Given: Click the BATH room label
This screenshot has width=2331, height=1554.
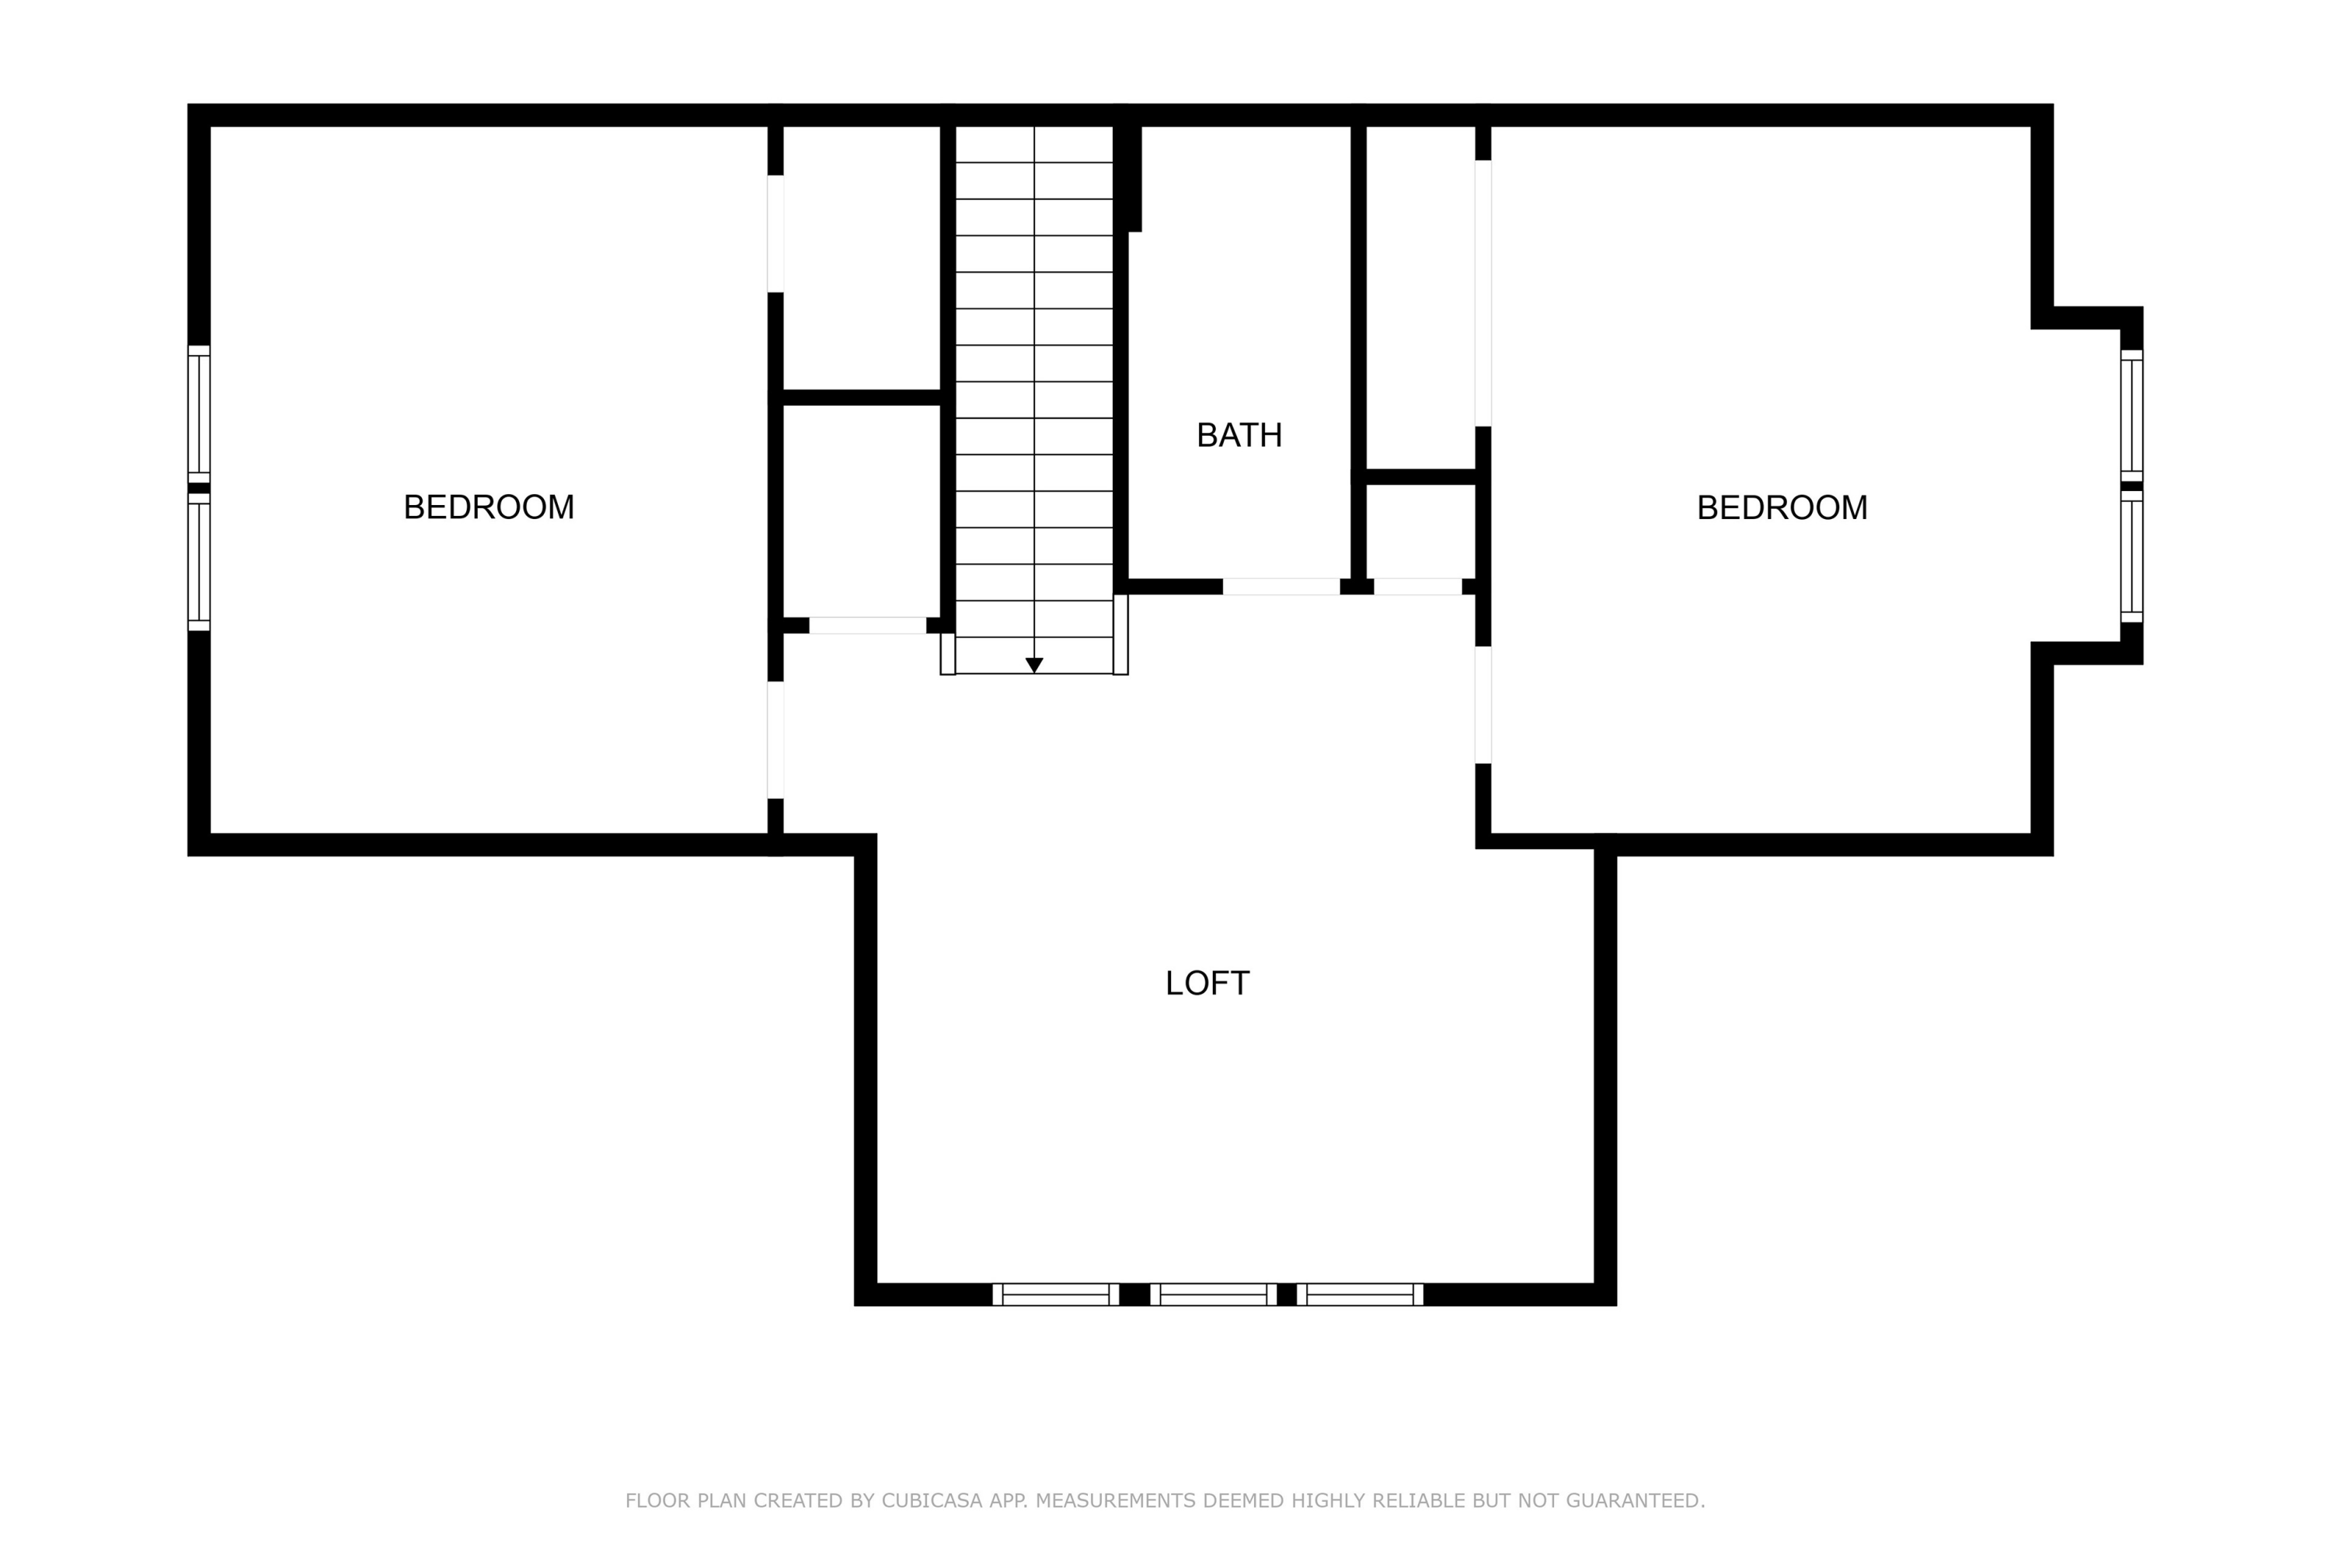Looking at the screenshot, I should pos(1239,435).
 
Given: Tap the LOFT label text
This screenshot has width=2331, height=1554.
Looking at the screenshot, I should pos(1207,983).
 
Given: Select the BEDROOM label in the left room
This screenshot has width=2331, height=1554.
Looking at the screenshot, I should pos(489,507).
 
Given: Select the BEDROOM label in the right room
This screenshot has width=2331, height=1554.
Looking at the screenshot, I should pos(1782,507).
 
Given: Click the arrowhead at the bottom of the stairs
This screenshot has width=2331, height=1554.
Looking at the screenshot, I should pos(1033,666).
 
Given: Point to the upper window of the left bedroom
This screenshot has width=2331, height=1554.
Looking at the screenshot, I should pos(199,414).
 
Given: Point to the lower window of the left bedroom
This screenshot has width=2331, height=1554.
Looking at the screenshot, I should pos(199,562).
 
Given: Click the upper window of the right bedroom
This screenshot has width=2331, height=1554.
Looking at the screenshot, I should pos(2132,415).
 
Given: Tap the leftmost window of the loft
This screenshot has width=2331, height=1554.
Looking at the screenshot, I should pos(1055,1294).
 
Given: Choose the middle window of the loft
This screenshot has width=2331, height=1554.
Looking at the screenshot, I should pos(1213,1294).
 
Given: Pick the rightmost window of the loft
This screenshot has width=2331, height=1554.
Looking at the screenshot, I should pos(1360,1294).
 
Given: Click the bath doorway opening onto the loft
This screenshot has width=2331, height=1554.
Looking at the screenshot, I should pos(1280,587).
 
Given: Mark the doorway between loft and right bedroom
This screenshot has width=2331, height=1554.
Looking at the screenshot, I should pos(1483,705).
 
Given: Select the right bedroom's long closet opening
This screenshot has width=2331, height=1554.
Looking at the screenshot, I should pos(1483,294).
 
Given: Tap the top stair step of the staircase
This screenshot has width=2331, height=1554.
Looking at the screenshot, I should pos(1033,144).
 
